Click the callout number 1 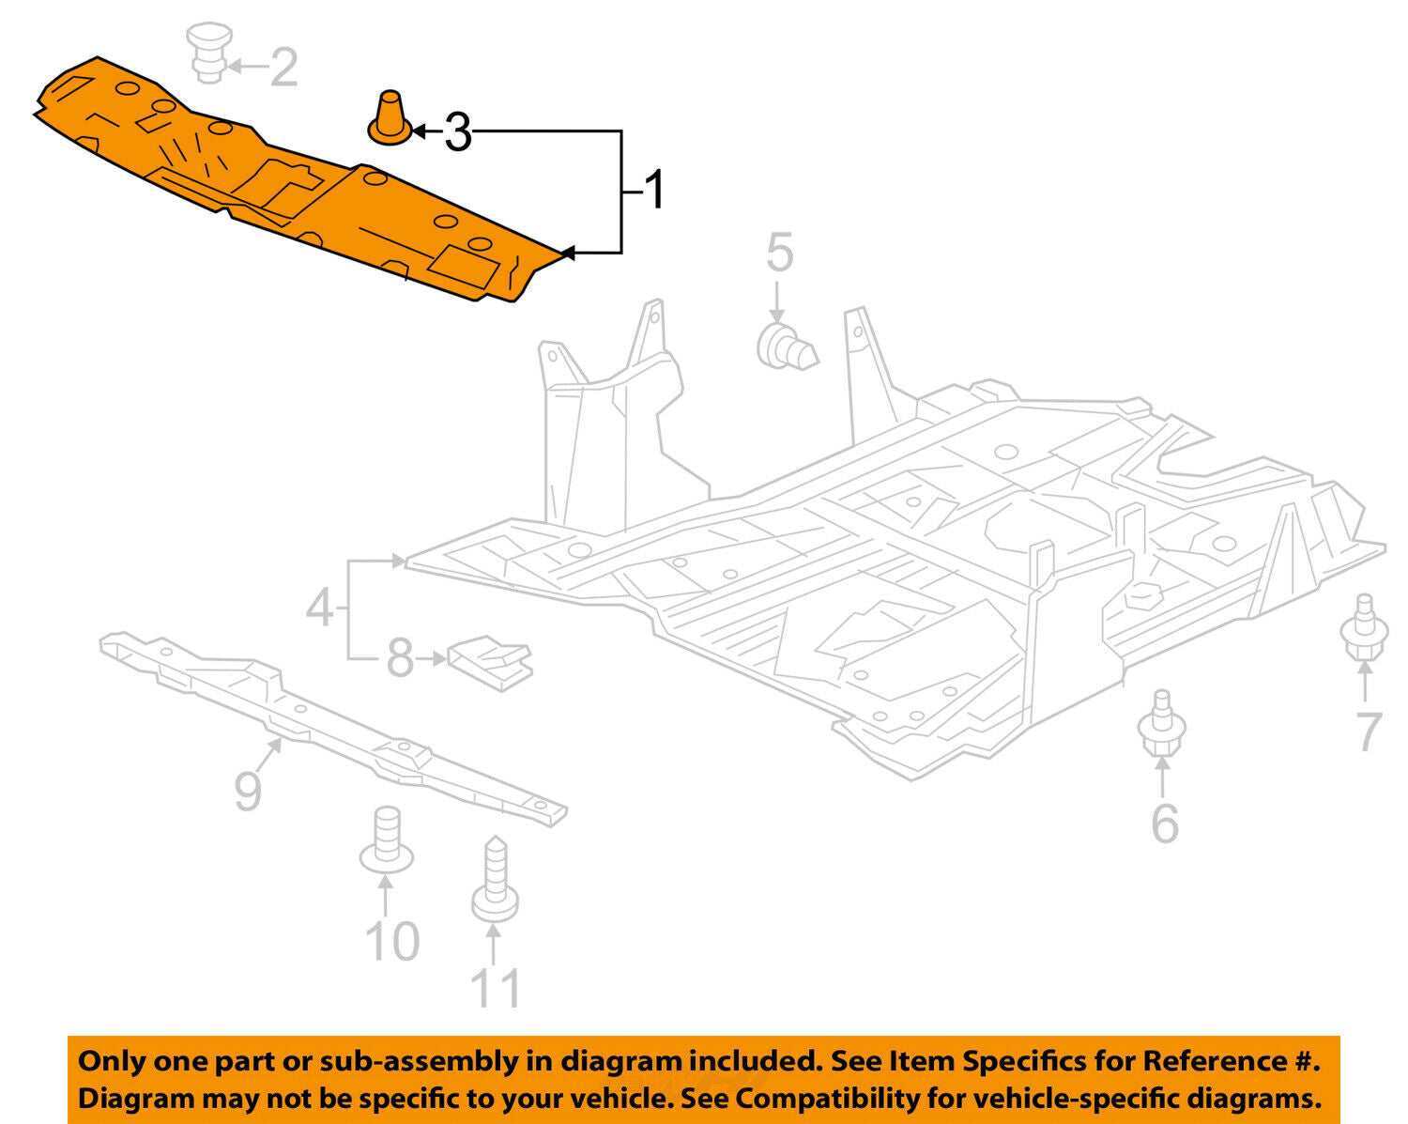coord(655,191)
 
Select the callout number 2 coord(283,67)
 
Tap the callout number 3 coord(457,131)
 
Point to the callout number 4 coord(319,608)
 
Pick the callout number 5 coord(779,253)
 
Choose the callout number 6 coord(1164,824)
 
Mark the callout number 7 coord(1369,731)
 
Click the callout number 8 coord(400,658)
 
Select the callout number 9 coord(247,792)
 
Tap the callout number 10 coord(391,941)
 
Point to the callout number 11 coord(495,988)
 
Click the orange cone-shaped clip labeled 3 coord(390,118)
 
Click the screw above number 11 coord(495,879)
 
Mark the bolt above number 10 coord(386,839)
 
